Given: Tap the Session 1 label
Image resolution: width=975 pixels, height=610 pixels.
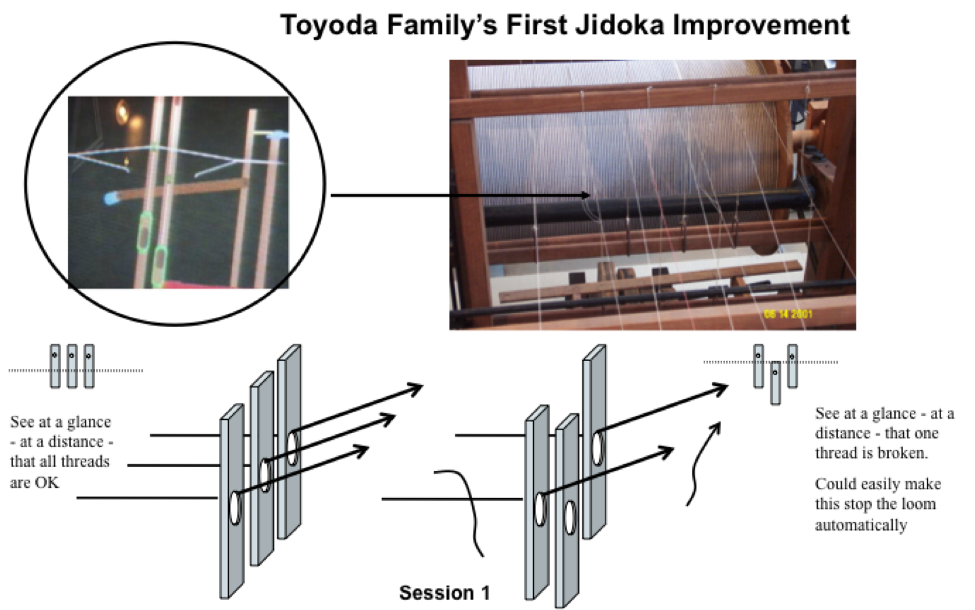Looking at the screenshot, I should coord(444,592).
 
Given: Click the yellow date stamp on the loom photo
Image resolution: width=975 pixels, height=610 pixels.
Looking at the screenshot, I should coord(788,314).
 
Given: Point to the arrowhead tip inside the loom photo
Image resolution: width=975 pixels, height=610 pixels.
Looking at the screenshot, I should coord(588,195).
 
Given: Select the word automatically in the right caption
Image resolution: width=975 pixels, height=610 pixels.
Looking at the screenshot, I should coord(860,525).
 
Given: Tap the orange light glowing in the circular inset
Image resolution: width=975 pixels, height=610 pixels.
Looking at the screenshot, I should coord(123,111).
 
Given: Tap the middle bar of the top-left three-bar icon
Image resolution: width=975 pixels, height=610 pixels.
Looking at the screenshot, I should coord(72,366).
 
